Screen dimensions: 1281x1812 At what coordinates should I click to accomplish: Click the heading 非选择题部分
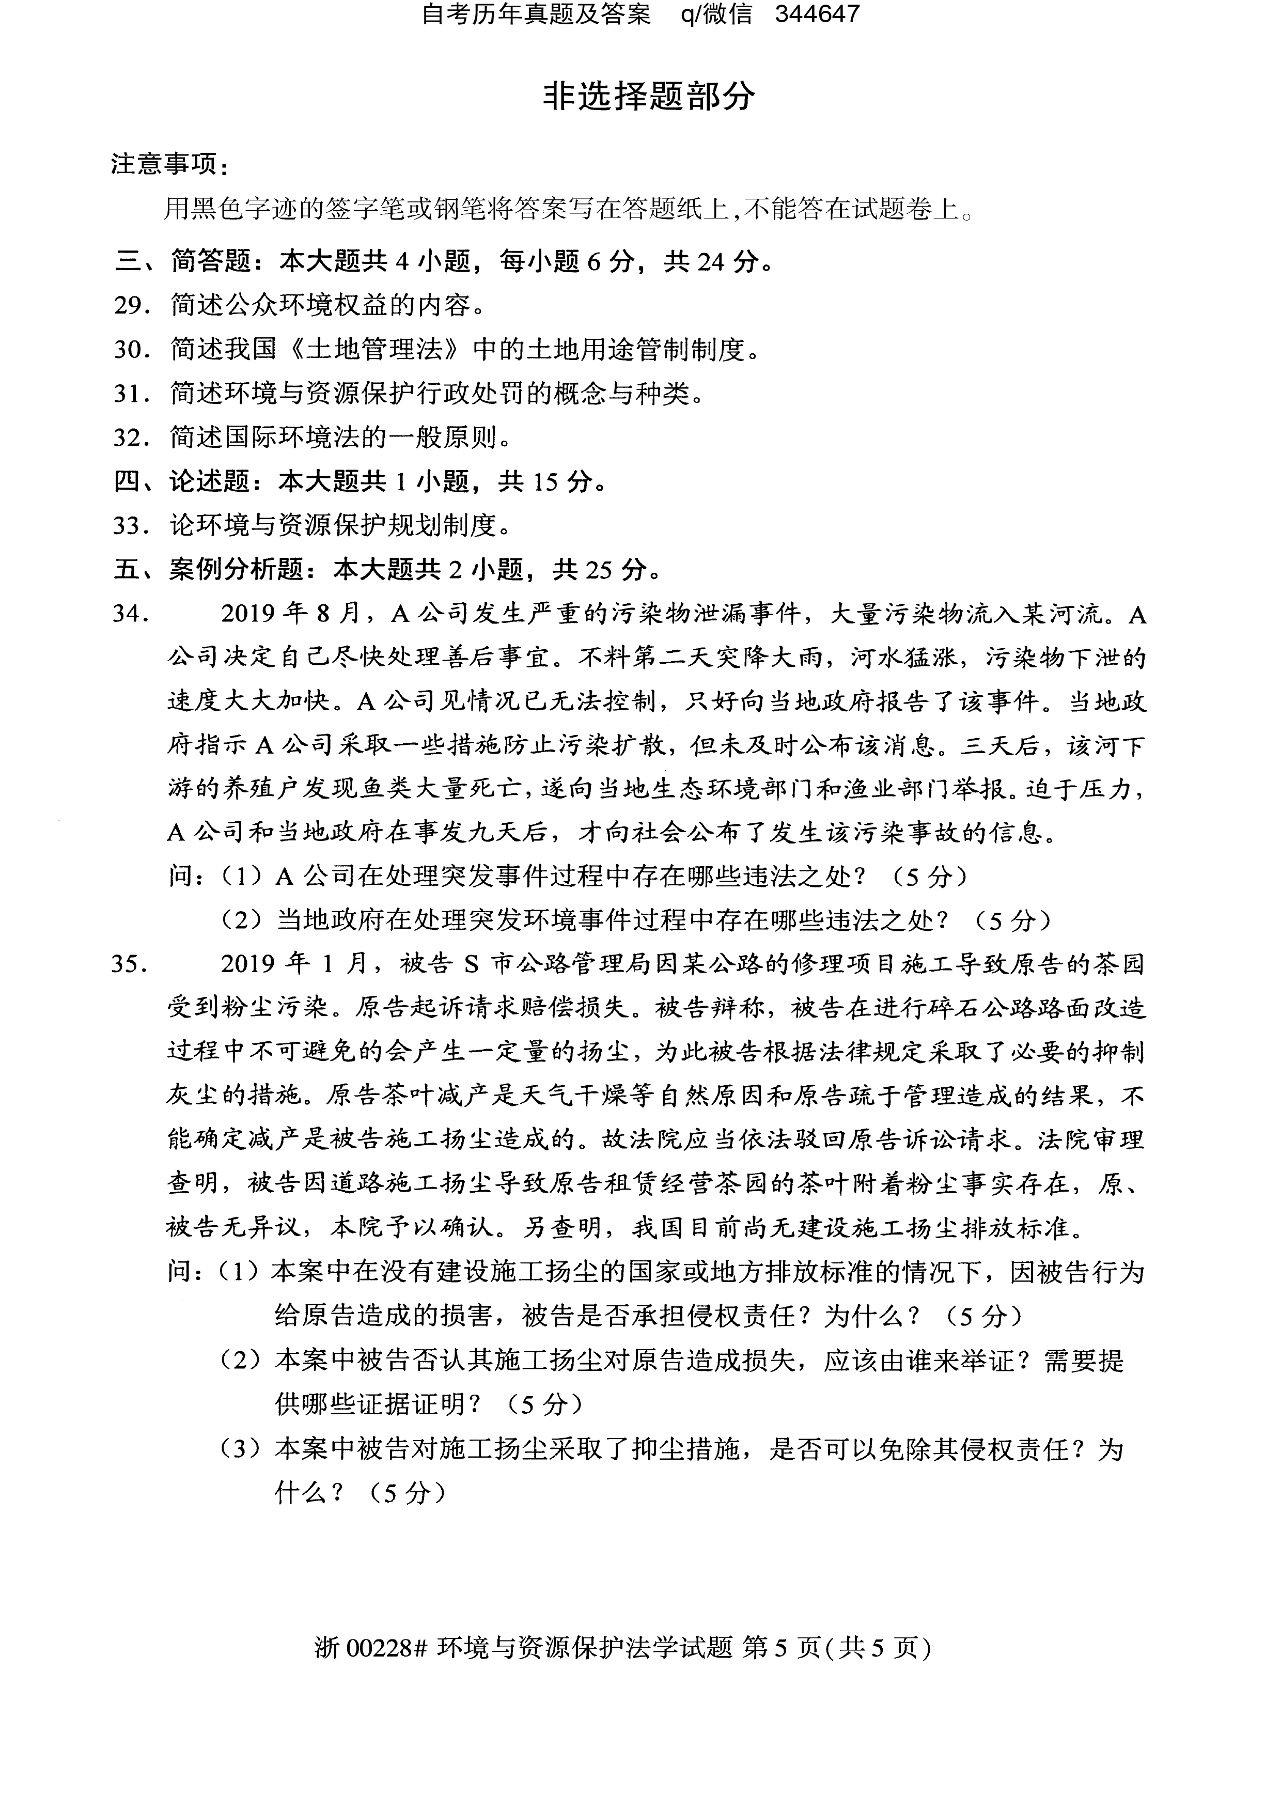point(649,97)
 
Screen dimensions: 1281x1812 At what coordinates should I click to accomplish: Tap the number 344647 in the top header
point(817,14)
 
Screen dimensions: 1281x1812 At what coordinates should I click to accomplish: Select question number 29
point(131,305)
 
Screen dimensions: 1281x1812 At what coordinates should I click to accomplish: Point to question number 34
point(131,613)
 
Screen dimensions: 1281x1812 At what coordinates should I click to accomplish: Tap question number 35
point(131,964)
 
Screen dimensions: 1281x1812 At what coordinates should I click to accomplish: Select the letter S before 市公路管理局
point(471,964)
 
